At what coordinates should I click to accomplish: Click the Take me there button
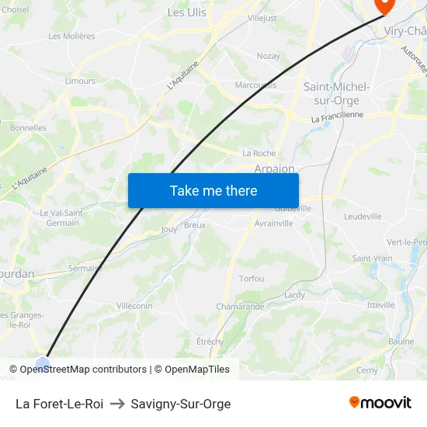[x=213, y=190]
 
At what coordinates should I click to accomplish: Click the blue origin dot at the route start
[x=43, y=363]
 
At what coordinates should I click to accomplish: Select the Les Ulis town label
[x=187, y=12]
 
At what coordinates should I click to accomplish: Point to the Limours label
[x=80, y=81]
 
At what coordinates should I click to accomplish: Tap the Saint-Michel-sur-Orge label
[x=336, y=93]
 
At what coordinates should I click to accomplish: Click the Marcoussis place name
[x=255, y=85]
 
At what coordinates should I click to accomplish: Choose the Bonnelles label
[x=29, y=128]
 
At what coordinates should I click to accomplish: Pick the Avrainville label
[x=274, y=224]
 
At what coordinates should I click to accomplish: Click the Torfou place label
[x=252, y=279]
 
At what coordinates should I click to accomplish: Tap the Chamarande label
[x=240, y=307]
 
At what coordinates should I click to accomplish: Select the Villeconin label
[x=134, y=306]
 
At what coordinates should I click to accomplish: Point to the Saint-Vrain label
[x=372, y=259]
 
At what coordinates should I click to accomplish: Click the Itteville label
[x=381, y=305]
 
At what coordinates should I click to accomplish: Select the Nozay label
[x=269, y=56]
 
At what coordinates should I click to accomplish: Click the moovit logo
[x=380, y=403]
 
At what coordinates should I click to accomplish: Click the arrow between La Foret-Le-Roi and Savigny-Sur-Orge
[x=117, y=404]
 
